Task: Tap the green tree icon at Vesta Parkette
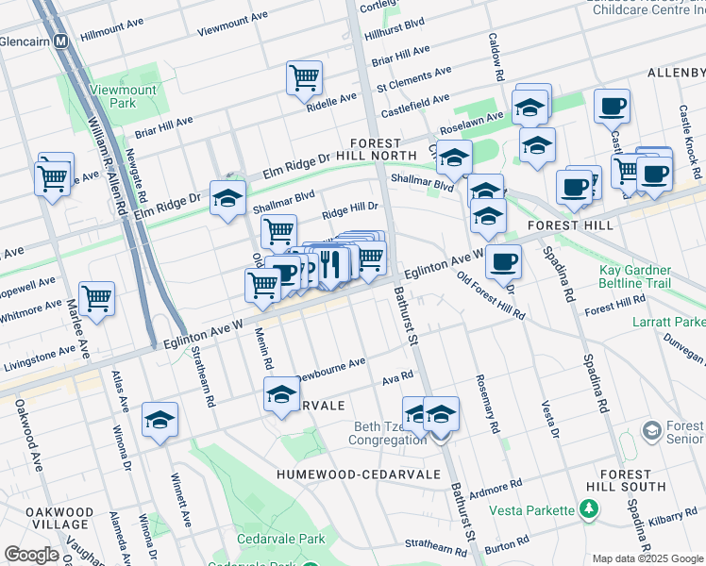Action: (x=589, y=509)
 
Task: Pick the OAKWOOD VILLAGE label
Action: (x=59, y=518)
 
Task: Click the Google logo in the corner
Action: (x=31, y=555)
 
